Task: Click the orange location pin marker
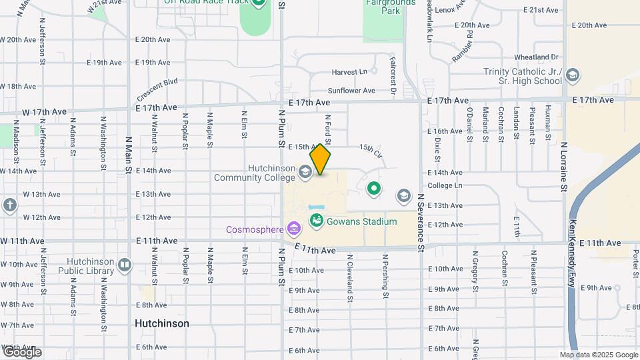pos(321,159)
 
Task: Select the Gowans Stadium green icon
pos(316,221)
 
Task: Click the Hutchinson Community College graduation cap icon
pos(305,173)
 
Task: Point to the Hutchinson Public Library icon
pos(125,265)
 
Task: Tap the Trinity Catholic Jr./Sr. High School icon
pos(572,76)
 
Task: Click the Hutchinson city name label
pos(161,323)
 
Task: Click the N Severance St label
pos(421,223)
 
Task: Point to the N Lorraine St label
pos(563,167)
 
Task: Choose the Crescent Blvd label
pos(157,87)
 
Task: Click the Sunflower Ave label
pos(352,91)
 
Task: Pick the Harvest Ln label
pos(349,71)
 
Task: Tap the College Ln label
pos(445,185)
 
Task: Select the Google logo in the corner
pos(21,351)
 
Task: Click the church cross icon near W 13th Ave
pos(9,205)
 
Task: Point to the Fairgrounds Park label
pos(391,7)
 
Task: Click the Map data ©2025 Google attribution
pos(598,355)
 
